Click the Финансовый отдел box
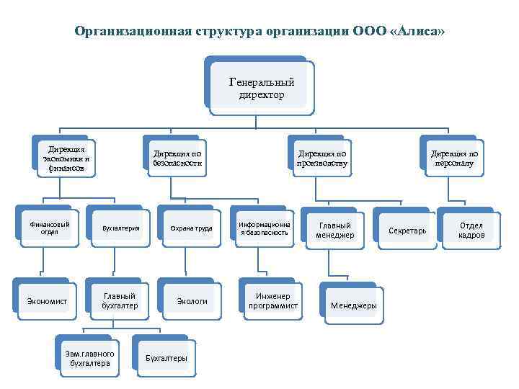click(x=50, y=228)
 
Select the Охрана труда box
click(x=191, y=228)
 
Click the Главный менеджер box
click(x=334, y=231)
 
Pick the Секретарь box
click(x=407, y=231)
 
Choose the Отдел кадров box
click(x=471, y=231)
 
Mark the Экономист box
click(x=47, y=300)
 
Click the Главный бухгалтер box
click(x=119, y=300)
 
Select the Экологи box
click(x=192, y=300)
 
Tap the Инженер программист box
click(x=272, y=300)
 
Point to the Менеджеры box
click(x=353, y=305)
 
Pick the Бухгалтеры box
click(x=166, y=358)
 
